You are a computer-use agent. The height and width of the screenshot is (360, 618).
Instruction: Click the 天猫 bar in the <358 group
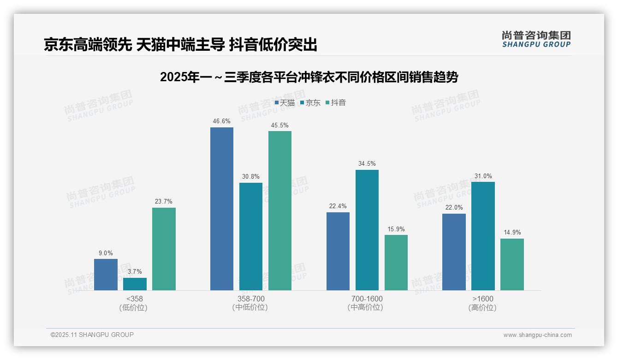click(106, 275)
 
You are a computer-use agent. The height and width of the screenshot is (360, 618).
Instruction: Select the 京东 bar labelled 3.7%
click(135, 284)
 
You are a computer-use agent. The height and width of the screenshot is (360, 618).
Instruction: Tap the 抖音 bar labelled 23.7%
click(164, 249)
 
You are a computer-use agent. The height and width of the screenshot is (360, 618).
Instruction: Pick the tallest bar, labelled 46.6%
click(222, 209)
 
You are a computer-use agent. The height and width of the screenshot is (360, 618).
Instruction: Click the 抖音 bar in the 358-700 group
click(280, 210)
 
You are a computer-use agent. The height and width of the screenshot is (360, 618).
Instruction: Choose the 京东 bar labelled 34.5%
click(367, 230)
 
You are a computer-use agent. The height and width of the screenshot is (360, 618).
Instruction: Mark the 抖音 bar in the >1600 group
click(512, 264)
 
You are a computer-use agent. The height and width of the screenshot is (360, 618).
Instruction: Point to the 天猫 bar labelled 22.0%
click(454, 252)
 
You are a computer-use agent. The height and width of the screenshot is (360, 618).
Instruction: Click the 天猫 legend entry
click(285, 102)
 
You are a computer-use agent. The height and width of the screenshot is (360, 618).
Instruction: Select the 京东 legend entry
click(310, 102)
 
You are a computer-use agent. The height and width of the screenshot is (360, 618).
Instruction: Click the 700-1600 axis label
click(367, 299)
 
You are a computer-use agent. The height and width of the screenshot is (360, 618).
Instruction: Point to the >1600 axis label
click(482, 299)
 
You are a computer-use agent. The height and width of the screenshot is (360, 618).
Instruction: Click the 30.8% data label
click(250, 177)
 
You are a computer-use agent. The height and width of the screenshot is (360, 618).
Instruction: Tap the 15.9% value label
click(396, 229)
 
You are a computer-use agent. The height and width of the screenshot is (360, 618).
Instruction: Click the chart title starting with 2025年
click(309, 77)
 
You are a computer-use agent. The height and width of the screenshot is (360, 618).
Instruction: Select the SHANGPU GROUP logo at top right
click(536, 39)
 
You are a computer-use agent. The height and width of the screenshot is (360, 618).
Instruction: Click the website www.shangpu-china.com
click(537, 335)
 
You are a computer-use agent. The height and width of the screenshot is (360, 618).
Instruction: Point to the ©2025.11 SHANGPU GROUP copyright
click(92, 335)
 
